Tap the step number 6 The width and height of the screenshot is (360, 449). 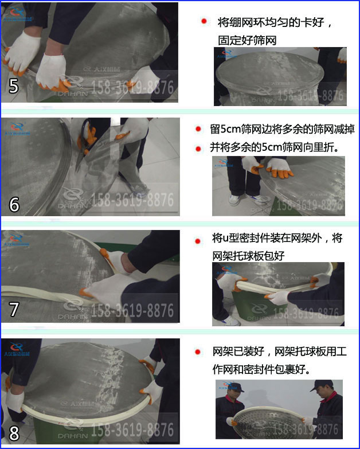click(x=14, y=204)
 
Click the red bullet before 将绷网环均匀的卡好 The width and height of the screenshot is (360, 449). click(x=204, y=22)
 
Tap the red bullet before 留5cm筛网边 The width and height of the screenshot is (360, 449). click(x=198, y=130)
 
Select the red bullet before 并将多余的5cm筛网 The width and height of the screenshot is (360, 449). click(x=198, y=148)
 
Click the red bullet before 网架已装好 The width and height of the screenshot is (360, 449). click(x=198, y=352)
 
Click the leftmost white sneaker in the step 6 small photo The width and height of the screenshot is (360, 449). click(x=234, y=200)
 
